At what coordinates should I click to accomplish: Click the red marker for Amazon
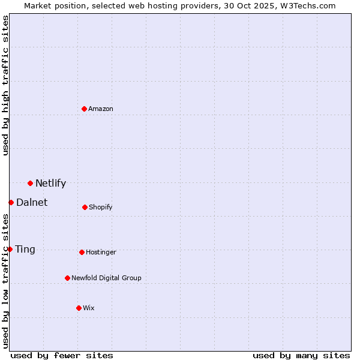pyautogui.click(x=85, y=109)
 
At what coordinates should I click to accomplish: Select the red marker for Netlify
pyautogui.click(x=30, y=183)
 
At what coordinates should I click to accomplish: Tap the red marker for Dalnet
pyautogui.click(x=11, y=202)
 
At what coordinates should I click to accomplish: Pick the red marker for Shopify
pyautogui.click(x=85, y=207)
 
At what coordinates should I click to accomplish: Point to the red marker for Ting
pyautogui.click(x=10, y=249)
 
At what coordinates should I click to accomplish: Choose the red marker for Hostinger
pyautogui.click(x=82, y=252)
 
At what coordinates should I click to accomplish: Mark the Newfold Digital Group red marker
pyautogui.click(x=67, y=278)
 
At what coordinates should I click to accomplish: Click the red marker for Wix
pyautogui.click(x=79, y=308)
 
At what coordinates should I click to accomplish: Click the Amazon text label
pyautogui.click(x=101, y=109)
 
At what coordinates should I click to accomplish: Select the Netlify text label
pyautogui.click(x=50, y=184)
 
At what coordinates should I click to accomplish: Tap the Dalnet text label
pyautogui.click(x=32, y=203)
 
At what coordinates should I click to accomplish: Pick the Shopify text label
pyautogui.click(x=101, y=208)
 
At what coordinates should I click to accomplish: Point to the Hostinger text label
pyautogui.click(x=101, y=253)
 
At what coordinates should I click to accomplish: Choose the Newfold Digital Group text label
pyautogui.click(x=106, y=278)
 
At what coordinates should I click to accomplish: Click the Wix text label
pyautogui.click(x=89, y=308)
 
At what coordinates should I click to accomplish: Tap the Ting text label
pyautogui.click(x=25, y=250)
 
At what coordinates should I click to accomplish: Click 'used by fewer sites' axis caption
pyautogui.click(x=62, y=356)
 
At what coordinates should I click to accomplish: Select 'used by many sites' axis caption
pyautogui.click(x=301, y=356)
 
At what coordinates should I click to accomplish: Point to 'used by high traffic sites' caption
pyautogui.click(x=5, y=85)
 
